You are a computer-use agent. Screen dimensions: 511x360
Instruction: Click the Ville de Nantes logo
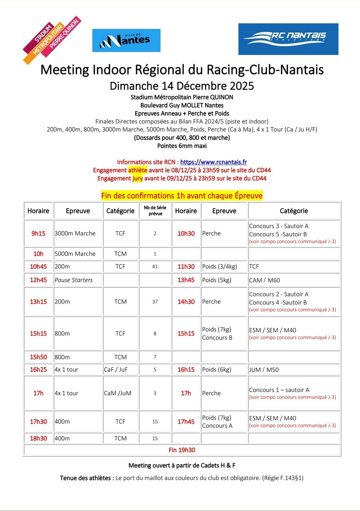[126, 40]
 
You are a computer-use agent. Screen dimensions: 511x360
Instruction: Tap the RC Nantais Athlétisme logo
[288, 39]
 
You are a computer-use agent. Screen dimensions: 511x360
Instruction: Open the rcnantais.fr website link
[214, 162]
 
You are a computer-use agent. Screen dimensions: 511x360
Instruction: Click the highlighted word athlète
[138, 170]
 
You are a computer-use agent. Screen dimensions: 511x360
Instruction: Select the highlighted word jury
[137, 178]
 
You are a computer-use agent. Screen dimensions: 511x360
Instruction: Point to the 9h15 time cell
[38, 233]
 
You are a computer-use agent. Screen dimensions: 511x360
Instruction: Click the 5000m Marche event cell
[75, 254]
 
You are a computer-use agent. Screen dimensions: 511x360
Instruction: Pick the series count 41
[155, 267]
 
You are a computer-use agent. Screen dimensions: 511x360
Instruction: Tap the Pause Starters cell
[74, 280]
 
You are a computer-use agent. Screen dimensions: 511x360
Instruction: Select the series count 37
[155, 301]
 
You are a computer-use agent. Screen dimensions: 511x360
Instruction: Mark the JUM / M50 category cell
[264, 370]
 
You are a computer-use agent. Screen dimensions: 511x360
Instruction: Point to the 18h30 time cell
[38, 438]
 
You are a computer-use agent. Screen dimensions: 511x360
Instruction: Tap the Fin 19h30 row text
[182, 450]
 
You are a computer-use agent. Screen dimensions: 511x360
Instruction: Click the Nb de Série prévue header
[155, 211]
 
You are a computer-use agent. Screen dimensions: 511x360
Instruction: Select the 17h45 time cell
[186, 422]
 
